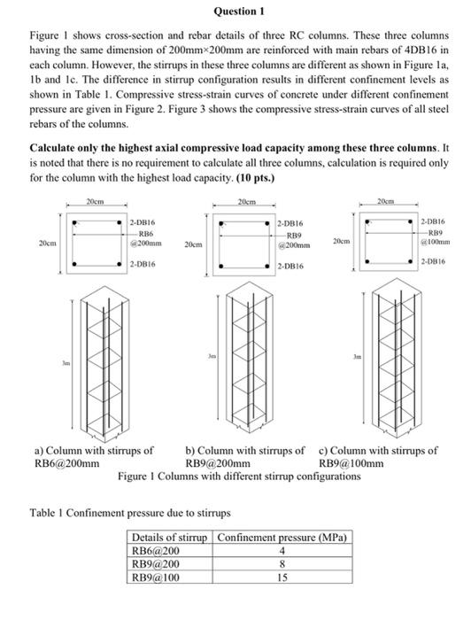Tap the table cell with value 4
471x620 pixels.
[x=280, y=550]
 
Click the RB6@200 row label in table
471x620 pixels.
[x=155, y=550]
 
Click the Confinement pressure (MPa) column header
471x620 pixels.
[x=281, y=538]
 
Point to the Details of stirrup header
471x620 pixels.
[x=168, y=538]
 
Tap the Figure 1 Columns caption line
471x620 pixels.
[x=239, y=476]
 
